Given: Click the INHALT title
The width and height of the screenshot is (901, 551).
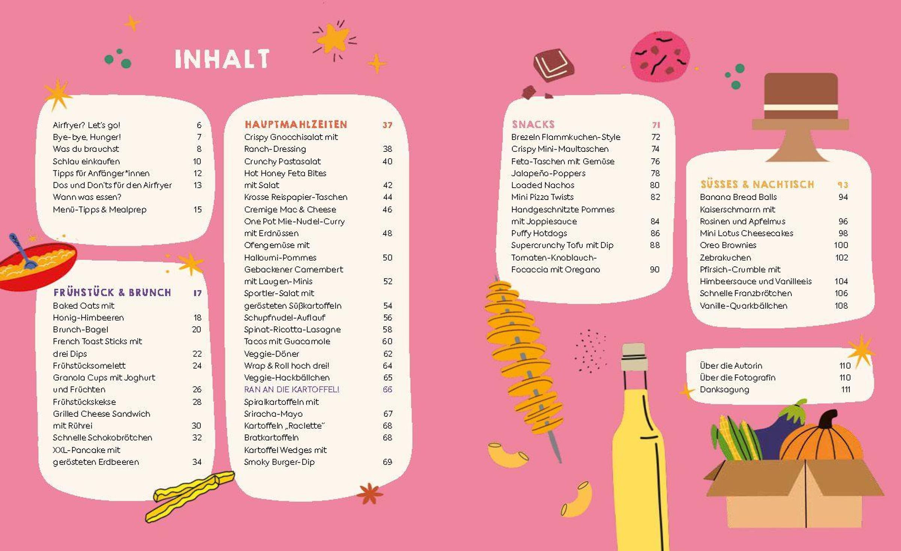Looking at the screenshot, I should pos(222,59).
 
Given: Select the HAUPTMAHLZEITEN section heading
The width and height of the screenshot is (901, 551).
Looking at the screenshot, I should pos(296,125).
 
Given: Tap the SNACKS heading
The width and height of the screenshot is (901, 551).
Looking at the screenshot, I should pos(533,125).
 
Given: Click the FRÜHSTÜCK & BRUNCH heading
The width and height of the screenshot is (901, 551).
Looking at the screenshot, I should pos(112,293).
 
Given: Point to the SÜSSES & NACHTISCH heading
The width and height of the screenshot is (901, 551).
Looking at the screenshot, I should pos(757,185).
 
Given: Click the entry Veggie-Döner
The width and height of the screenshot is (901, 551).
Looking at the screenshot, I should pos(271,354).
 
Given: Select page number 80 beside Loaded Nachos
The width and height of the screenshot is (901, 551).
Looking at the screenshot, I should pos(654,185).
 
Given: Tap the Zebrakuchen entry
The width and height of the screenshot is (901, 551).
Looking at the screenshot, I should pos(725,258).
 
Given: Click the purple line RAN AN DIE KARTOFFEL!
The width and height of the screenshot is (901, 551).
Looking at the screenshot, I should pos(292,389).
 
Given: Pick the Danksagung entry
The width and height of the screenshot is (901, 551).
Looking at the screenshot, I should pos(724,389).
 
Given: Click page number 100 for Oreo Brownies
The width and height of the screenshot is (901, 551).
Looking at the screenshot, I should pos(841,245).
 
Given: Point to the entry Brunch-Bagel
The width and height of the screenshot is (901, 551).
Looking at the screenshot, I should pos(80,329).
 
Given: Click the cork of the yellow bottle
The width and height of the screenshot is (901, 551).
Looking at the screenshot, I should pos(634,356).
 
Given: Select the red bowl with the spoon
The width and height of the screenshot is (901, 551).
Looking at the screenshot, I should pos(36,264).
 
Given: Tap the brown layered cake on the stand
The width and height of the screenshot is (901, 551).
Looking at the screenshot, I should pos(801,101).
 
